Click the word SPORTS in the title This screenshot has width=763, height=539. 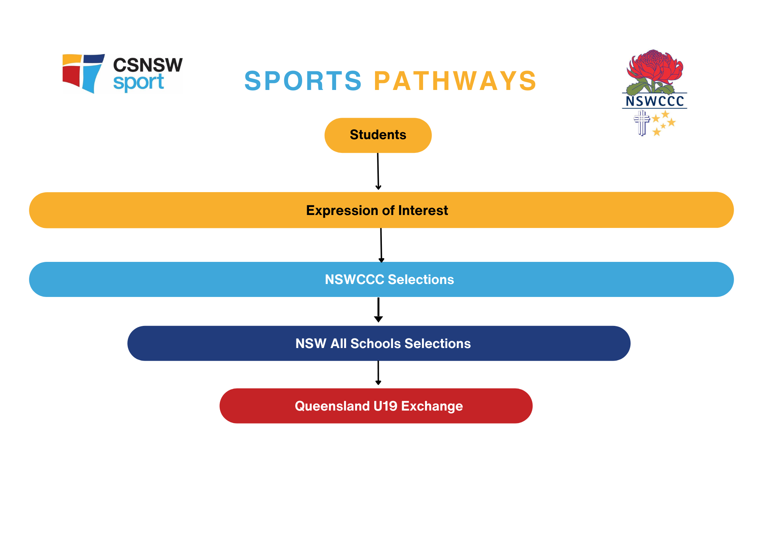pos(303,81)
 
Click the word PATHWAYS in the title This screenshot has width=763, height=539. pos(455,81)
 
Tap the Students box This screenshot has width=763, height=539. pos(378,135)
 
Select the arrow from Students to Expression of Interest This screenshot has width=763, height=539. pos(378,172)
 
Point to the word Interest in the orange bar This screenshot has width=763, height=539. pos(423,210)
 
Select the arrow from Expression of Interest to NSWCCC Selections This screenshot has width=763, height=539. pos(381,245)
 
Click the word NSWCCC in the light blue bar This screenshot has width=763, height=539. pos(354,279)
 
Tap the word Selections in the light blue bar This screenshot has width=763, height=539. pos(421,279)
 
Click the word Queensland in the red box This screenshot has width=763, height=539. pos(332,406)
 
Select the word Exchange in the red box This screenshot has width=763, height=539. pos(432,406)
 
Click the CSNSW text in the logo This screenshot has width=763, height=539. pos(148,65)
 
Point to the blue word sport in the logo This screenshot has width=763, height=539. pos(138,83)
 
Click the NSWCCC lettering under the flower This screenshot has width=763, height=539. pos(655,101)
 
